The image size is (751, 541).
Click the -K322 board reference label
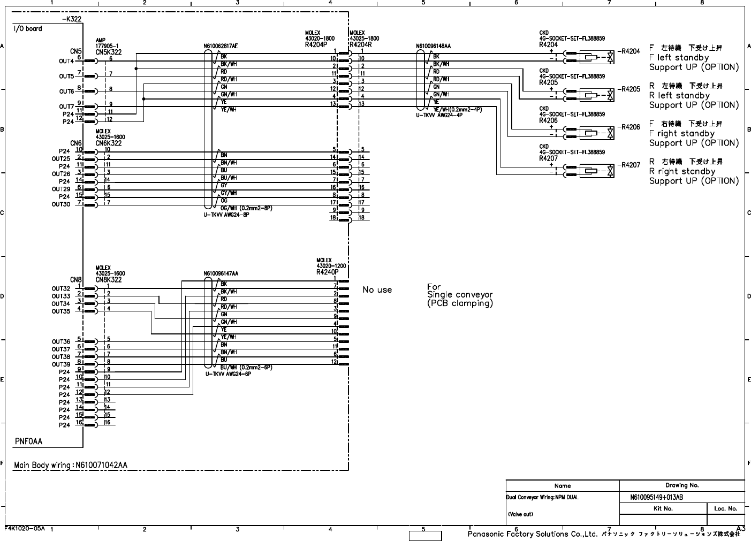[x=72, y=19]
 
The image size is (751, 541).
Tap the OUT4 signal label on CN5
[x=66, y=61]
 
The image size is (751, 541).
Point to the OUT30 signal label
[x=61, y=204]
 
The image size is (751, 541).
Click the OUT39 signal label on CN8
[x=61, y=364]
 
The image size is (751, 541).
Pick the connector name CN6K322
[x=109, y=143]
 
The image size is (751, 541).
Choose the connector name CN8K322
[x=109, y=280]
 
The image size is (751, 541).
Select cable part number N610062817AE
[x=220, y=47]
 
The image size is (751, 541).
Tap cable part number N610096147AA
[x=221, y=273]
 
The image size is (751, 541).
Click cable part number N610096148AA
[x=434, y=47]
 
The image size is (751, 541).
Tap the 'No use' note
[x=377, y=289]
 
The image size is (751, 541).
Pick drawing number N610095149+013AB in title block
[x=656, y=497]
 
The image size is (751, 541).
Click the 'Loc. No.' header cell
[x=725, y=508]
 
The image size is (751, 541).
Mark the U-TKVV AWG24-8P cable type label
[x=226, y=215]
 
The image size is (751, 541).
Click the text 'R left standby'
[x=679, y=96]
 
